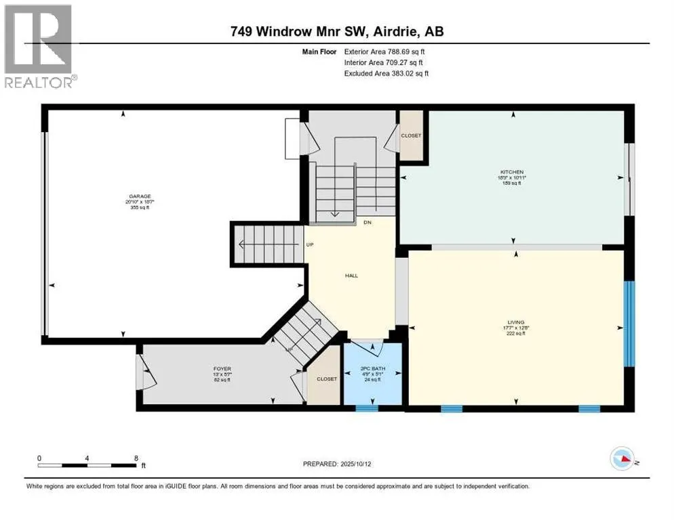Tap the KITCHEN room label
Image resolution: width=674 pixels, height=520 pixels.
coord(513,172)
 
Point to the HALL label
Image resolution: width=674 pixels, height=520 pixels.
coord(351,276)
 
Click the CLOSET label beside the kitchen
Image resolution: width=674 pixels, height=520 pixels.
coord(411,135)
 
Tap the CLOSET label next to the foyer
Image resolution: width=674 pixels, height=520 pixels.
coord(326,379)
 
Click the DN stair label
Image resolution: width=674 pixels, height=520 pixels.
coord(367,222)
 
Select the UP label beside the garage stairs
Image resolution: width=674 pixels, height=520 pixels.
coord(309,244)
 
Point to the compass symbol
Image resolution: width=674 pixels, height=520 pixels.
coord(623,459)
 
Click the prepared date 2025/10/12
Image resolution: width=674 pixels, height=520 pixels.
coord(337,464)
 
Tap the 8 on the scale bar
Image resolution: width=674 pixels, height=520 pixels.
coord(136,458)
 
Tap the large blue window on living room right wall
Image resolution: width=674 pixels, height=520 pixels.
coord(629,323)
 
